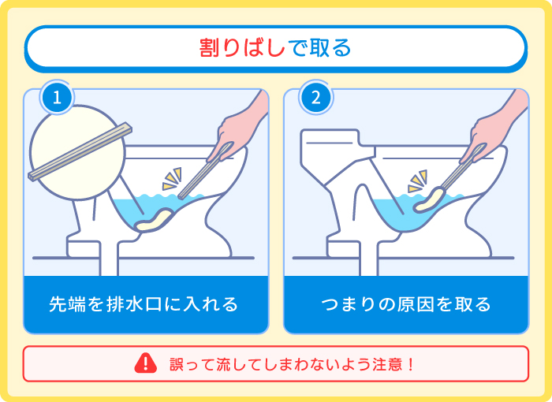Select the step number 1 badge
(56, 99)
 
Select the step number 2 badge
(315, 99)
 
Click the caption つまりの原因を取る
(405, 303)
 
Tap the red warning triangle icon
(146, 363)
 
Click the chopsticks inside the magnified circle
(79, 150)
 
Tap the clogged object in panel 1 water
(155, 221)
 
